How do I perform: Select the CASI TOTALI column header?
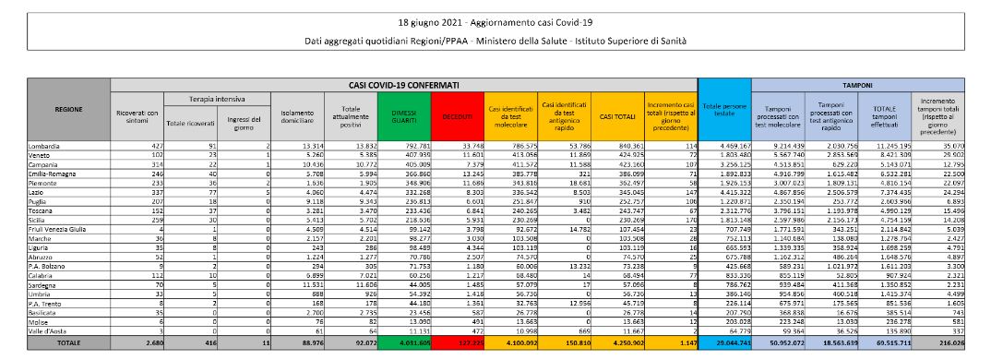click(x=610, y=116)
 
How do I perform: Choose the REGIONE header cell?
click(x=69, y=109)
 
